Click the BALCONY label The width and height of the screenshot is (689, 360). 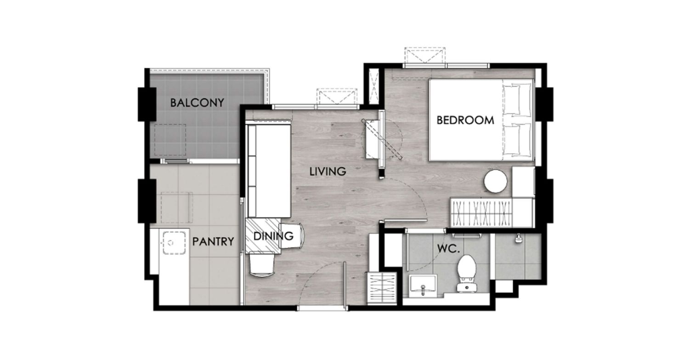tap(197, 103)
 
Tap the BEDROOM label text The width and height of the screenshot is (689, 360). tap(465, 120)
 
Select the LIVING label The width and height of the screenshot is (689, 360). tap(328, 171)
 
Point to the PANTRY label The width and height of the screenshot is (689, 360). tap(213, 242)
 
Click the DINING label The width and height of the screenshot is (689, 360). tap(273, 236)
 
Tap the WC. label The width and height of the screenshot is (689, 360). tap(448, 249)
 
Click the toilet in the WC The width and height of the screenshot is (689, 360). tap(467, 273)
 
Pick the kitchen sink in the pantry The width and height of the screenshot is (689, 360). tap(174, 243)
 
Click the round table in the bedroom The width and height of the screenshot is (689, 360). tap(496, 181)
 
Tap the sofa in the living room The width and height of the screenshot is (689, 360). tap(269, 170)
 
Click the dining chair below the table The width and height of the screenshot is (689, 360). tap(261, 264)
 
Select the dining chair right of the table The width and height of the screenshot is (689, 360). tap(291, 236)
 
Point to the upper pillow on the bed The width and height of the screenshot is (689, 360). tap(517, 100)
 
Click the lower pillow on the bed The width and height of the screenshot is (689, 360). tap(517, 139)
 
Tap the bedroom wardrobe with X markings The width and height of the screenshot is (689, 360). tap(482, 213)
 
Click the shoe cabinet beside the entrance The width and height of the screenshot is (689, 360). tap(382, 288)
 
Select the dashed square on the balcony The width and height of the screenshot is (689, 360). tap(170, 140)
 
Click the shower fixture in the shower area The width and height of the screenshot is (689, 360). tap(518, 239)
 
